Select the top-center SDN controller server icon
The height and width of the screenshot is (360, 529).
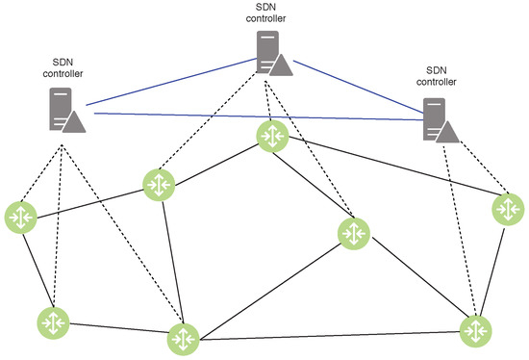pyautogui.click(x=273, y=54)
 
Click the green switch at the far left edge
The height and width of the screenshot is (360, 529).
pyautogui.click(x=19, y=216)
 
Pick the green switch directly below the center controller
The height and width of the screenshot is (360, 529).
pyautogui.click(x=272, y=137)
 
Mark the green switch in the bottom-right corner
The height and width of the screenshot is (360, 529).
pyautogui.click(x=475, y=329)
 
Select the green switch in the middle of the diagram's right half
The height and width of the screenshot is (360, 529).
pyautogui.click(x=352, y=233)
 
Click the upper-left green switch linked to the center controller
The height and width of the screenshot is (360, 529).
pyautogui.click(x=158, y=185)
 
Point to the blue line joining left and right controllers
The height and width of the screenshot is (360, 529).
pyautogui.click(x=260, y=116)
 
